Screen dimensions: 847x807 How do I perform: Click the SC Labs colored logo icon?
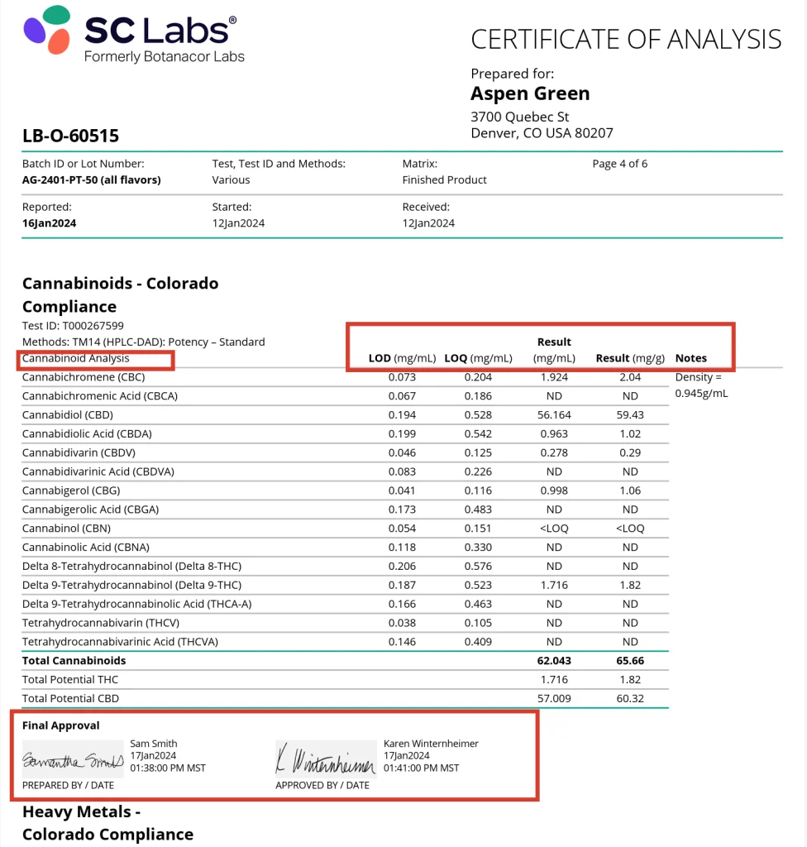(x=46, y=29)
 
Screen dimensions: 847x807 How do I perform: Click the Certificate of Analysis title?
(x=626, y=39)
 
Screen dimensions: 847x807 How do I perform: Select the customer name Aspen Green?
(x=530, y=93)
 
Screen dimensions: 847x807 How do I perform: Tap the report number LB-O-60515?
(x=70, y=136)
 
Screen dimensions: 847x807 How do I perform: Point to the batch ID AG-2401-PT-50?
(x=91, y=179)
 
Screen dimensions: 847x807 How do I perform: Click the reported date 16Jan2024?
(x=49, y=223)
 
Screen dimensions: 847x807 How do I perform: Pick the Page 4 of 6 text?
(x=619, y=164)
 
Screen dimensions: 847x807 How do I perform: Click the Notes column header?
(x=690, y=358)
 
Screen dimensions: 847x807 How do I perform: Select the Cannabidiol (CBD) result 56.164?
(x=554, y=414)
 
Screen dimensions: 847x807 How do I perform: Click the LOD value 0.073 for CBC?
(x=402, y=377)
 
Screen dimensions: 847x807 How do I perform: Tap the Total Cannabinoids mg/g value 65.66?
(x=630, y=661)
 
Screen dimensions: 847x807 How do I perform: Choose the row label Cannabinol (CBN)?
(x=66, y=528)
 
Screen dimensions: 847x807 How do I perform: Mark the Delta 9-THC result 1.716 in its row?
(x=554, y=585)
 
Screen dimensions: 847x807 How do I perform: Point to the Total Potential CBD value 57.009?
(x=554, y=698)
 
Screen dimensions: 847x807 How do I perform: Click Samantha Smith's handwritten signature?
(x=73, y=758)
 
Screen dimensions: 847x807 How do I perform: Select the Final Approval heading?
(x=60, y=725)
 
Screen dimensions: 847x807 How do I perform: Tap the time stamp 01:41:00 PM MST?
(x=421, y=768)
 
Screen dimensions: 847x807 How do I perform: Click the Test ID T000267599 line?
(x=73, y=326)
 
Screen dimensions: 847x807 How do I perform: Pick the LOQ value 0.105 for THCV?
(x=478, y=623)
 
